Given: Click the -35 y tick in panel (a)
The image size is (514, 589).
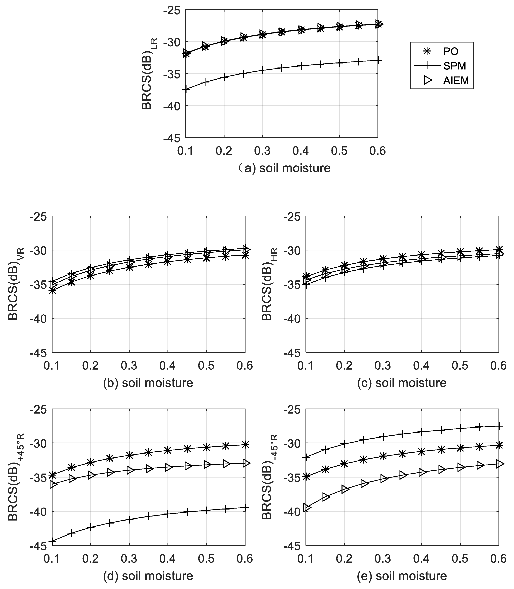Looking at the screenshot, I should click(171, 74).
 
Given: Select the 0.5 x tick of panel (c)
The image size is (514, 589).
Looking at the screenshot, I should click(460, 366).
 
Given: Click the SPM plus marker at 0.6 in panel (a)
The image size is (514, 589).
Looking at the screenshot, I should click(378, 60).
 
